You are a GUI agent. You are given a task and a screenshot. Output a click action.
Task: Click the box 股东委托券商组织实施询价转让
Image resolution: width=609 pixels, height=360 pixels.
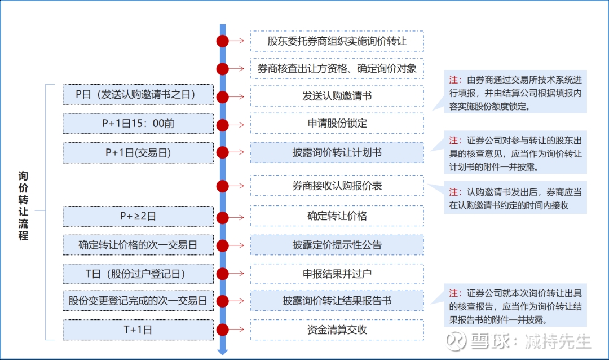(x=337, y=41)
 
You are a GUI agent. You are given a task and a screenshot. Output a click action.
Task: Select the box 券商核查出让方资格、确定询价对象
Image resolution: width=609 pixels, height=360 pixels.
(x=337, y=69)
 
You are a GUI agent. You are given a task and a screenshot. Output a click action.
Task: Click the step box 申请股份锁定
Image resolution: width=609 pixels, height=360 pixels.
(x=337, y=124)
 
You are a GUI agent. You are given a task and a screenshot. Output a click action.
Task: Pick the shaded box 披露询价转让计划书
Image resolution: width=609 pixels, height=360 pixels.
(x=337, y=152)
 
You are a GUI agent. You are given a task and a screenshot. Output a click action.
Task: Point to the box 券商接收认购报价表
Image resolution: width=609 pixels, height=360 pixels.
(x=337, y=186)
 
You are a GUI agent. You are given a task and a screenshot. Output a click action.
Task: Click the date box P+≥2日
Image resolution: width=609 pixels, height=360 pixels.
(x=138, y=216)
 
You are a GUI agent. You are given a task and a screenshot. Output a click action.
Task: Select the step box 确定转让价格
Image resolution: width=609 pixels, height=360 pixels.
(x=337, y=216)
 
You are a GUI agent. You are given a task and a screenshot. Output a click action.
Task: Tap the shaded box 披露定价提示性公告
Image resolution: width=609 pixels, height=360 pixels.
(x=337, y=245)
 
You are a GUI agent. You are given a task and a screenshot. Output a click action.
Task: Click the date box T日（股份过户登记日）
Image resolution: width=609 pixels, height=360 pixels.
(x=138, y=274)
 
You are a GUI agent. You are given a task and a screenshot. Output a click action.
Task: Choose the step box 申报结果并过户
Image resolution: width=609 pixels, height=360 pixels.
(x=337, y=274)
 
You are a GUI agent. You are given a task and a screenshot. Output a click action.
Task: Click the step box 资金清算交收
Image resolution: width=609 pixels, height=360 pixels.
(x=337, y=330)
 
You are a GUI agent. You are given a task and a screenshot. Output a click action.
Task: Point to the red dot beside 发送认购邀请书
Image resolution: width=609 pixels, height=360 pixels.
(x=223, y=96)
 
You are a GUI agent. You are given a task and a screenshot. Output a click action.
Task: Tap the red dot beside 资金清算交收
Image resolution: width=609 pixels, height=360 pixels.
(x=223, y=330)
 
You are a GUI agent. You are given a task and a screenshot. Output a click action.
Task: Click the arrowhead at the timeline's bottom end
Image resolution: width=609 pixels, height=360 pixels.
(x=223, y=352)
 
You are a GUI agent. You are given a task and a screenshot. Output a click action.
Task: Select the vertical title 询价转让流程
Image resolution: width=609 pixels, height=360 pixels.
(x=23, y=205)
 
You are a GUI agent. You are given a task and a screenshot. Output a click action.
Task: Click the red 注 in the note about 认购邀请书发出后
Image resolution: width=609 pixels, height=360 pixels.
(x=453, y=192)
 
